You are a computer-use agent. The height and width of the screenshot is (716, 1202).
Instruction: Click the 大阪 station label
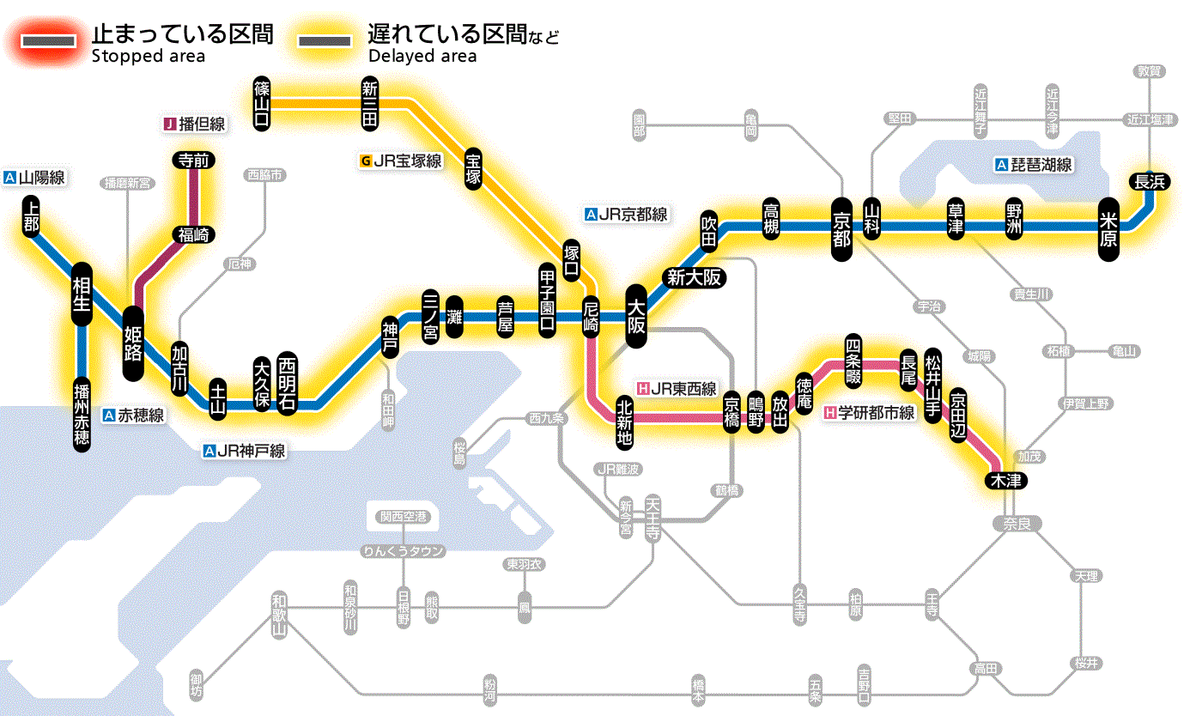pos(636,317)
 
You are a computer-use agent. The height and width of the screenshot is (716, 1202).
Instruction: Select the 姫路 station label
pos(133,343)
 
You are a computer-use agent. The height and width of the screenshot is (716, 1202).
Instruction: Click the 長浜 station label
pos(1149,181)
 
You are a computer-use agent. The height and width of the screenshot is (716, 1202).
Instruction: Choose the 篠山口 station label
pos(263,104)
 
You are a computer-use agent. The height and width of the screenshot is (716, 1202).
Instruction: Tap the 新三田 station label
pos(370,104)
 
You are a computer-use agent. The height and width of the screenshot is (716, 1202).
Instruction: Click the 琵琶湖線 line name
pos(1034,165)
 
